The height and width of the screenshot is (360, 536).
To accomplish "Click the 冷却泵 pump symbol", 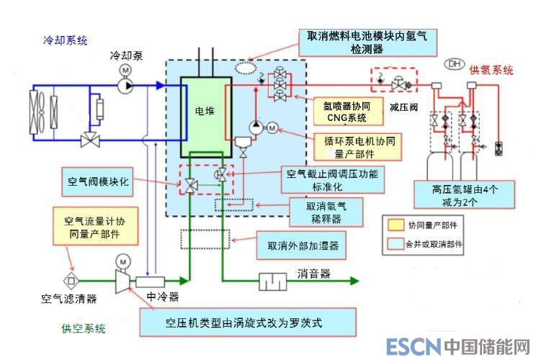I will pyautogui.click(x=127, y=86).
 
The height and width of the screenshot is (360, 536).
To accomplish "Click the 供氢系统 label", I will pyautogui.click(x=491, y=70).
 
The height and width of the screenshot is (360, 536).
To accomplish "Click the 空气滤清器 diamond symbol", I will pyautogui.click(x=71, y=279).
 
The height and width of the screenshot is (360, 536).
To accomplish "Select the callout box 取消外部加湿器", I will pyautogui.click(x=303, y=246).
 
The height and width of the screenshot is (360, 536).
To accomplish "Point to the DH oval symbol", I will pyautogui.click(x=455, y=64).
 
